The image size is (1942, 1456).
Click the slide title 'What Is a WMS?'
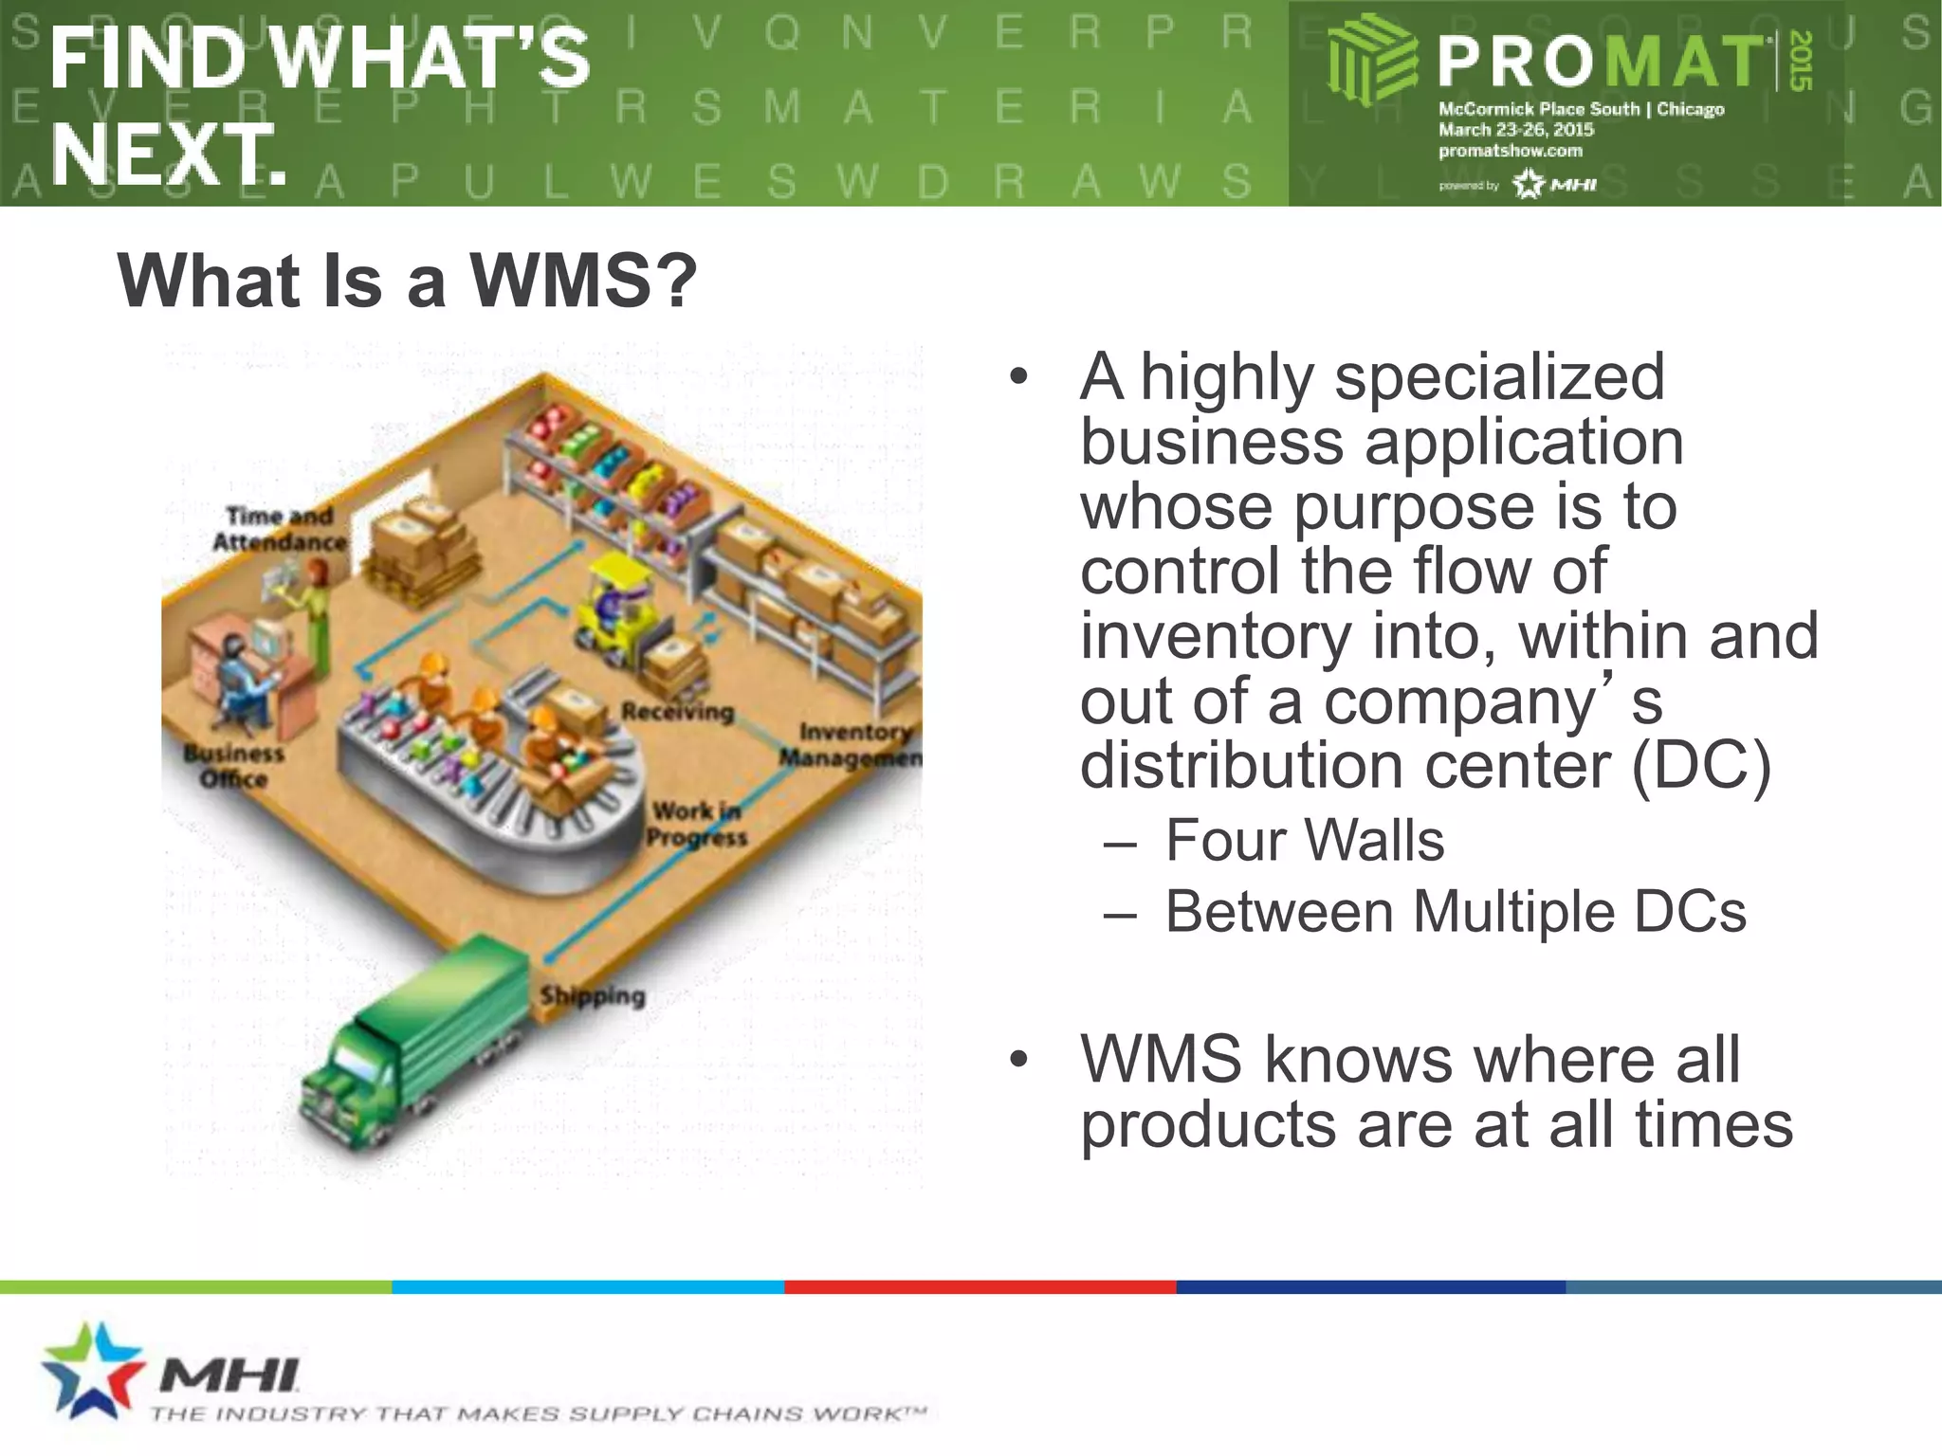point(407,282)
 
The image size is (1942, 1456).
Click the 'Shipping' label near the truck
point(593,995)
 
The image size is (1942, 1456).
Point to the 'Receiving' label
point(677,711)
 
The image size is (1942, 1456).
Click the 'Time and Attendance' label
point(279,529)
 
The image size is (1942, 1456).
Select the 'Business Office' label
point(233,766)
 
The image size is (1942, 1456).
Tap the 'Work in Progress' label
point(697,824)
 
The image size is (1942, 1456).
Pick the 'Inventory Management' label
point(851,745)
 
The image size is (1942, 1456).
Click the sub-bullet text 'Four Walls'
point(1304,841)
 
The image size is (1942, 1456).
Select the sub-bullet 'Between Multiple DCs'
point(1455,912)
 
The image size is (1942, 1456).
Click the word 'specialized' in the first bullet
point(1498,377)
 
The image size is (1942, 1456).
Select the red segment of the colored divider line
point(980,1287)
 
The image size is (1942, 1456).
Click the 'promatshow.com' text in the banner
point(1510,151)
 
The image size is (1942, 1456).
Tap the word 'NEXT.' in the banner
point(168,155)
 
